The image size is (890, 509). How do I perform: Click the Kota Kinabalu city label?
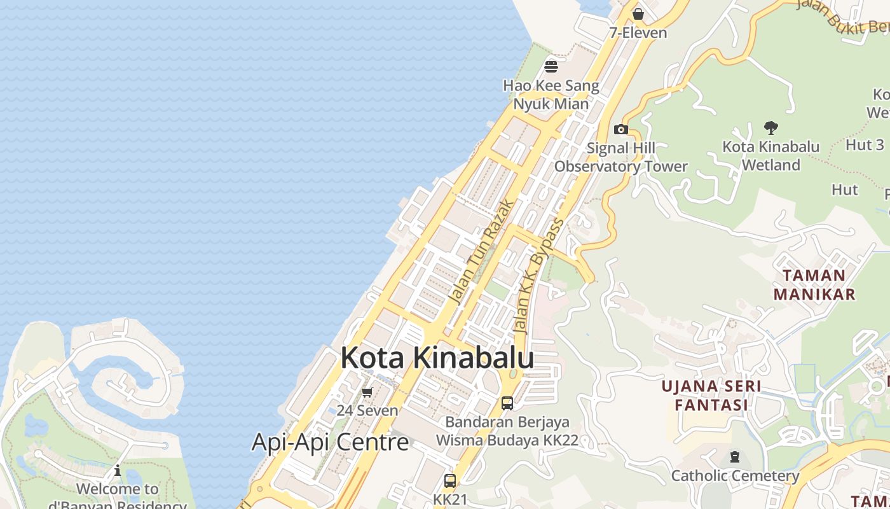(437, 358)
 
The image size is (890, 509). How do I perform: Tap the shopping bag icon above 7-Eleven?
(638, 13)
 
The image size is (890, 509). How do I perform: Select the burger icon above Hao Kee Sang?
(551, 66)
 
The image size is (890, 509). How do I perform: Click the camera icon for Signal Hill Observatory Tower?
(620, 130)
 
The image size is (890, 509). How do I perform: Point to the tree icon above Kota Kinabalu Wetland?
(770, 128)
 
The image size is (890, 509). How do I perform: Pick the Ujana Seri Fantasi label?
(711, 395)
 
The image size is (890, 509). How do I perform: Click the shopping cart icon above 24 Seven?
(367, 392)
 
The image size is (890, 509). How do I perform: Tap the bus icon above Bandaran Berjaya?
(507, 403)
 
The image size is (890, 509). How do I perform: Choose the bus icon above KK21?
(450, 480)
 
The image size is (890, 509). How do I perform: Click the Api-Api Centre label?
(330, 442)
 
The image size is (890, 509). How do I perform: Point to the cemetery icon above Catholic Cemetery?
(735, 457)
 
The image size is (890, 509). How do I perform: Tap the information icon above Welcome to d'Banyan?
(118, 471)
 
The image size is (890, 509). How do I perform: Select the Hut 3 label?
(865, 144)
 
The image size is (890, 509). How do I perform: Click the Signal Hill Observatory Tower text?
(620, 157)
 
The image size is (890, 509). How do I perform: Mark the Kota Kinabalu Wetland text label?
(770, 155)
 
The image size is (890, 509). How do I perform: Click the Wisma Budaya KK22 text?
(507, 440)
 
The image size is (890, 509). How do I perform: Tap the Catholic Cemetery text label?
(735, 475)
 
